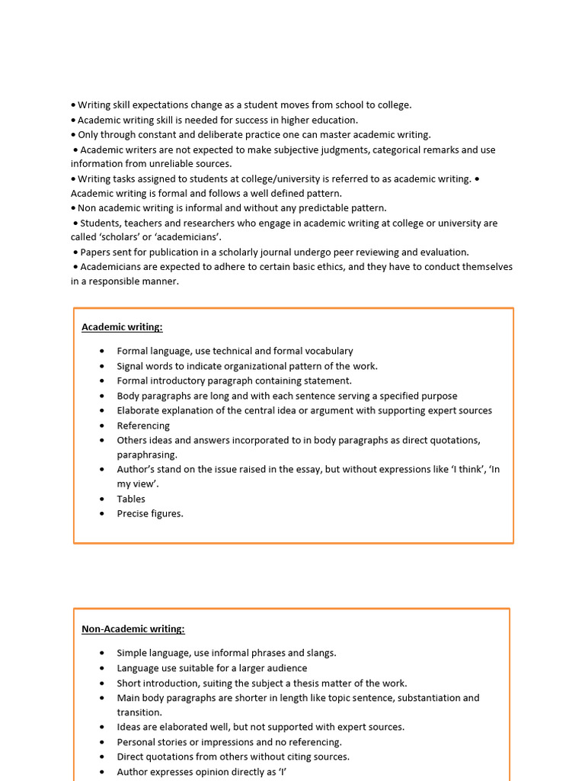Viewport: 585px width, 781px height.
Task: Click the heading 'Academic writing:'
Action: pos(122,327)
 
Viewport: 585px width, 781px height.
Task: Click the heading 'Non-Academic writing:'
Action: pos(133,629)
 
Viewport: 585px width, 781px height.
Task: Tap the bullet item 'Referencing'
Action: pos(143,426)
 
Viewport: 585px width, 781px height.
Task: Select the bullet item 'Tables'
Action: pos(131,499)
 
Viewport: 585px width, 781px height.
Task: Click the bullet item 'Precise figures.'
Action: pos(150,513)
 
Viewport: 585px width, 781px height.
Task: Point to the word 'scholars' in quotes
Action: pos(126,237)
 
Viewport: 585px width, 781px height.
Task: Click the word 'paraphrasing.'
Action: pos(147,455)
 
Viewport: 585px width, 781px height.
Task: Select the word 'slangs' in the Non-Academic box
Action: pos(320,653)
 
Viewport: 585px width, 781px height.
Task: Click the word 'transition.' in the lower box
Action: pos(139,712)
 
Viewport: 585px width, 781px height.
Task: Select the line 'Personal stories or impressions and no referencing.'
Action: pos(229,742)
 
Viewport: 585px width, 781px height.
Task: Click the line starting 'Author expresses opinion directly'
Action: pos(201,772)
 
